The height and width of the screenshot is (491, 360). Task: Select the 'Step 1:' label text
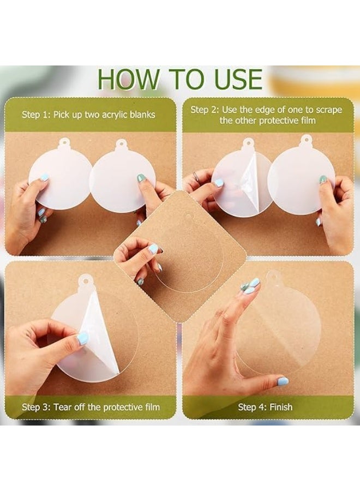coord(35,115)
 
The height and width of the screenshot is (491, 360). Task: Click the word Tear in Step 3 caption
coord(62,407)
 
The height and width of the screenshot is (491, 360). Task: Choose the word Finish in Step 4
coord(281,407)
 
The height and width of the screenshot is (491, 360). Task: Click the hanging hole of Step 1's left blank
coord(64,141)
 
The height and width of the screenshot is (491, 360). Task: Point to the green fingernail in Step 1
coord(141,178)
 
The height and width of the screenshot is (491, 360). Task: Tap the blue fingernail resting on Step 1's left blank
coord(44,177)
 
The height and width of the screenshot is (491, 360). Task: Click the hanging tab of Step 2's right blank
coord(305,139)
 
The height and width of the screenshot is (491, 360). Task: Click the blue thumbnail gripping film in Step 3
coord(82,339)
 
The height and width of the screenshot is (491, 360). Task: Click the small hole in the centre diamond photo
coord(189,217)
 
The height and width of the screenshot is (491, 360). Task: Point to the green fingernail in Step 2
coord(322,179)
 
